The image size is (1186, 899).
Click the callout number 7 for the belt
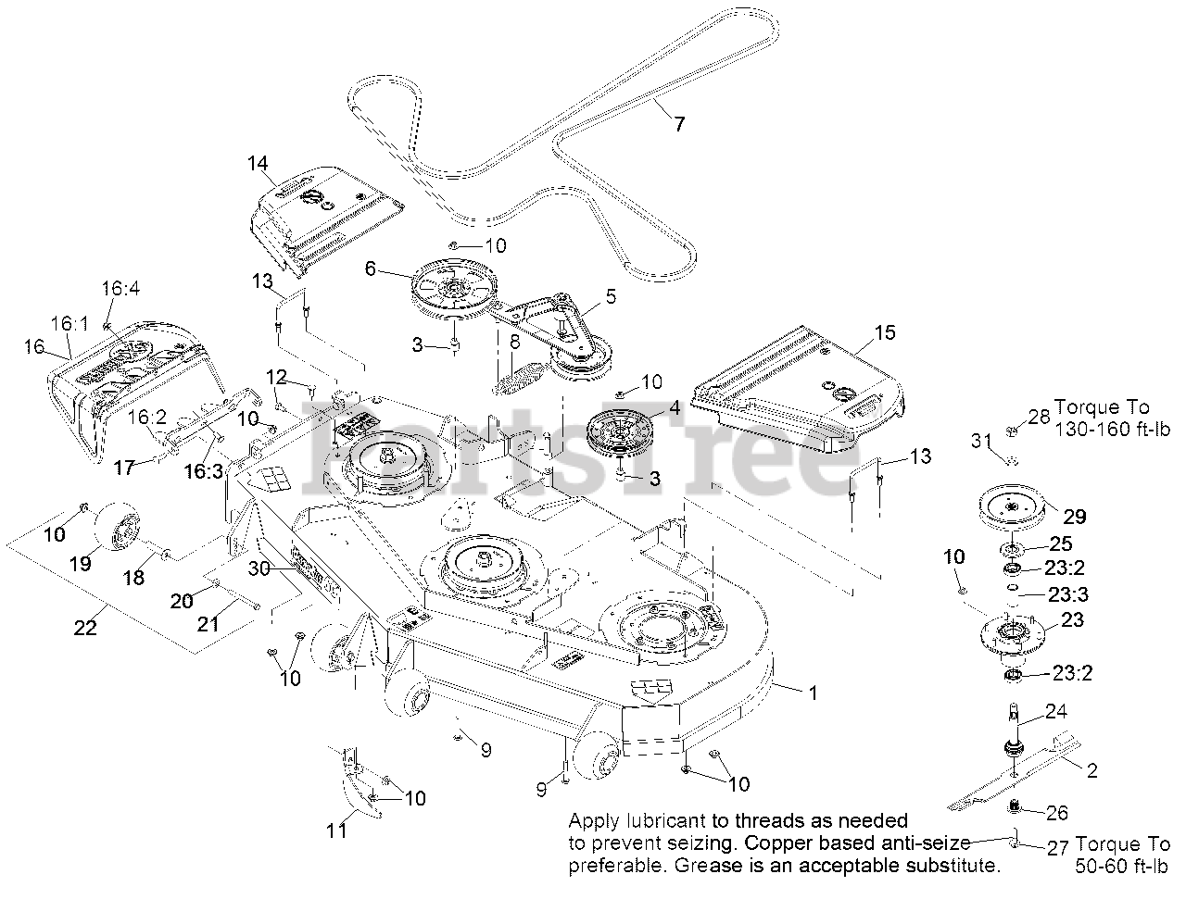click(680, 124)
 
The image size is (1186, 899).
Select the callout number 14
click(257, 164)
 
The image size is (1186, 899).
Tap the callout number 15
click(885, 332)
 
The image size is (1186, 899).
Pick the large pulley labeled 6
click(453, 285)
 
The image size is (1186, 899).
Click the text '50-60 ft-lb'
click(1122, 867)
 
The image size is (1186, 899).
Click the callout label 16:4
click(120, 289)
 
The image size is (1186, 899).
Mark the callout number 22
click(85, 627)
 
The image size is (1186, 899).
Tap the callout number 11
click(337, 830)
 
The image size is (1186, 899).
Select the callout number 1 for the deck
click(814, 693)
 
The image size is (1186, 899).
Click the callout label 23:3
click(1068, 594)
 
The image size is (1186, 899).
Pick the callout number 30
click(260, 568)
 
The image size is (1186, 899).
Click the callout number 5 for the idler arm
click(610, 296)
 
